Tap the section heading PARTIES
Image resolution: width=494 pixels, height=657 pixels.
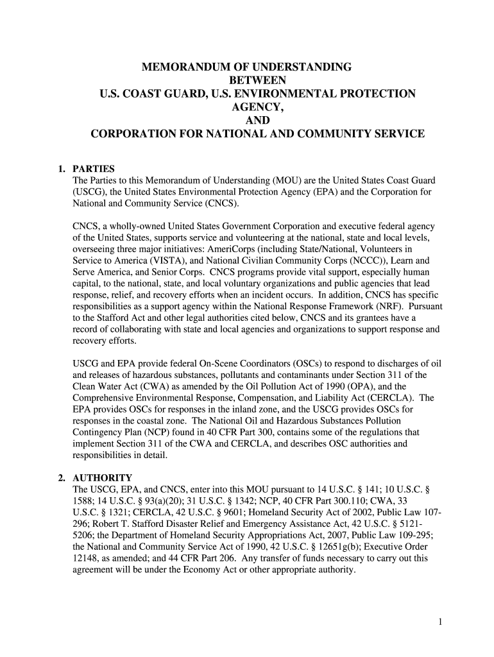click(94, 169)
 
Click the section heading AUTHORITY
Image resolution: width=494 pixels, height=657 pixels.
click(103, 478)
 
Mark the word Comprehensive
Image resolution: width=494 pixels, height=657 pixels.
click(104, 398)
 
